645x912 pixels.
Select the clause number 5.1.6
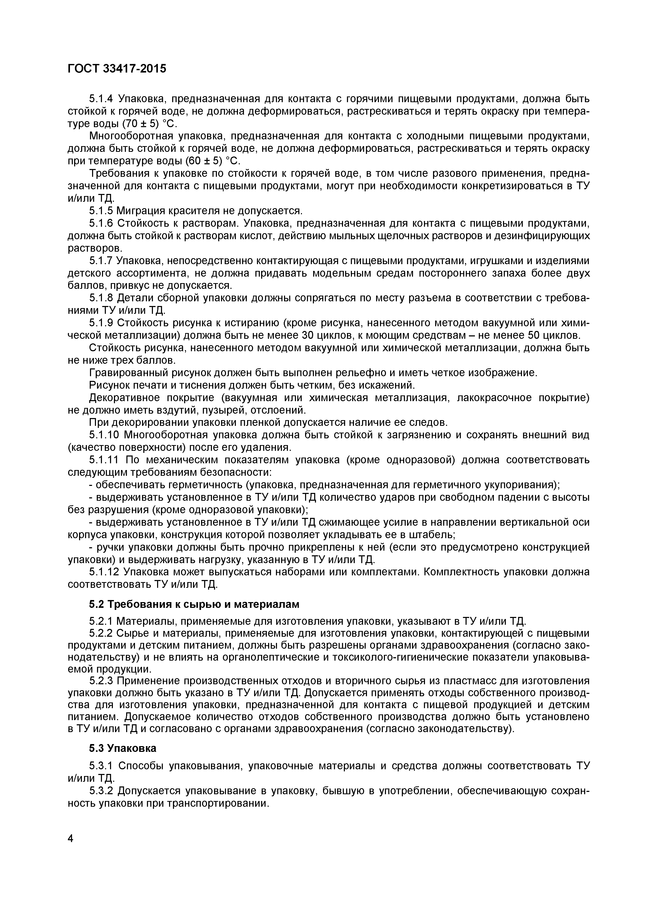click(x=101, y=223)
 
